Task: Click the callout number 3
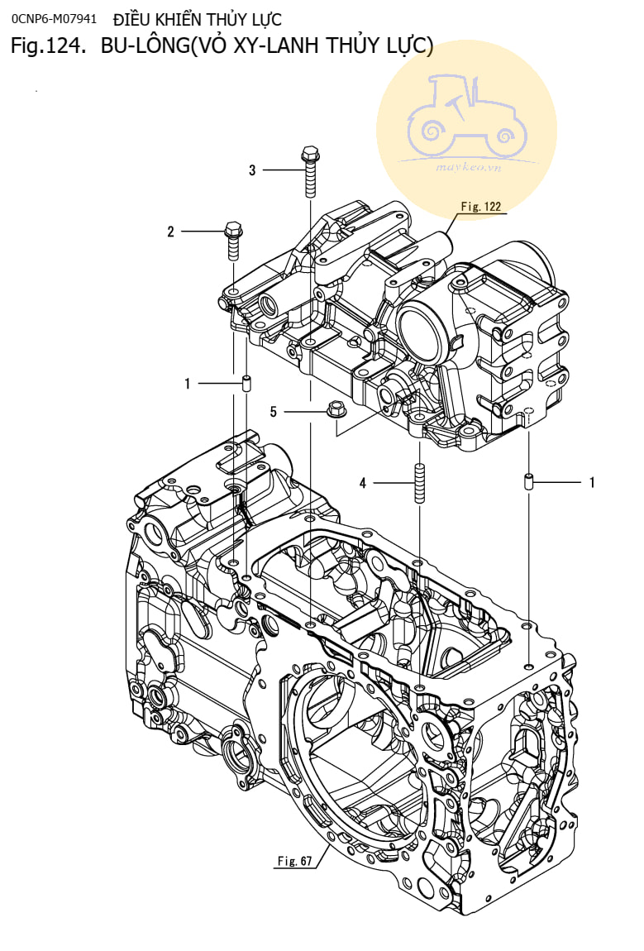[x=252, y=170]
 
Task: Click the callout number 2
[x=171, y=232]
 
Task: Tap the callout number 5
[x=274, y=410]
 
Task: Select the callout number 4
[x=362, y=483]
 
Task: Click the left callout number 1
[x=188, y=384]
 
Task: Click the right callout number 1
[x=591, y=481]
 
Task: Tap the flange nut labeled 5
[x=336, y=409]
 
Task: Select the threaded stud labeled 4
[x=419, y=483]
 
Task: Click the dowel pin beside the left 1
[x=246, y=384]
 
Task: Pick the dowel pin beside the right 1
[x=527, y=481]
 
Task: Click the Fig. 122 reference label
[x=481, y=207]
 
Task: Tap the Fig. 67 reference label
[x=294, y=861]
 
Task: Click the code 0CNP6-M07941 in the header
[x=55, y=18]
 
